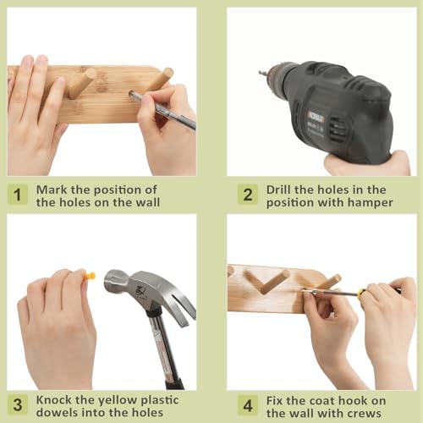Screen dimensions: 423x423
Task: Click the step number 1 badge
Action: tap(18, 195)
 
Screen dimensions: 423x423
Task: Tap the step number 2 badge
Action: tap(248, 195)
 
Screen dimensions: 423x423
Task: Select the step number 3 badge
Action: tap(18, 405)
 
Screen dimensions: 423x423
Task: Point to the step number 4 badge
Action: tap(248, 405)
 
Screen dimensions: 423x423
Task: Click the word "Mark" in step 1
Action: tap(52, 190)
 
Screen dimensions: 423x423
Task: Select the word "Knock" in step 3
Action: tap(54, 400)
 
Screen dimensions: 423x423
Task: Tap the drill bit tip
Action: tap(260, 73)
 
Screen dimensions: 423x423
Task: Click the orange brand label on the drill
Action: tap(316, 116)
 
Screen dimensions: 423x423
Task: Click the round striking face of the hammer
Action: tap(110, 280)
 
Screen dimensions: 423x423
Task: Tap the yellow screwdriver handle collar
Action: tap(361, 294)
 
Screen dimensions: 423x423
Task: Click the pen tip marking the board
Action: tap(131, 94)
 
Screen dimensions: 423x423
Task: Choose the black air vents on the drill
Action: tap(338, 129)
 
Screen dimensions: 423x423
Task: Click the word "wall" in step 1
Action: tap(148, 202)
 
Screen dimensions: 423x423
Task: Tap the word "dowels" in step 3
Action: tap(55, 413)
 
